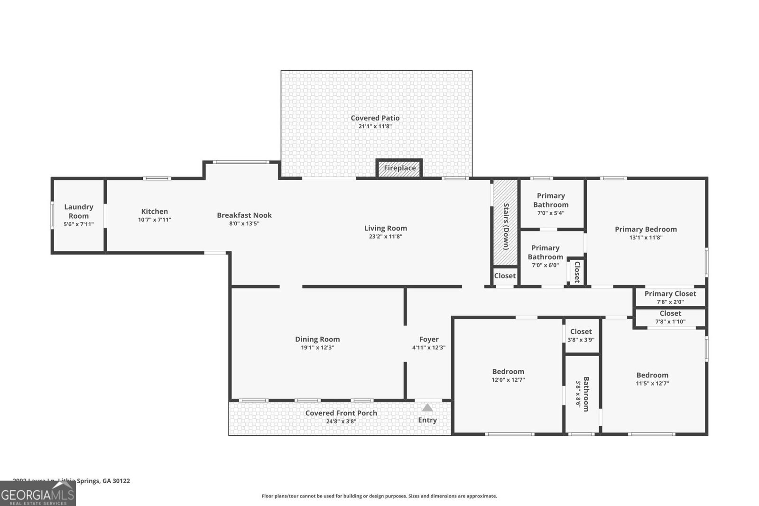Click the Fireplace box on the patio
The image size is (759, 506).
(399, 168)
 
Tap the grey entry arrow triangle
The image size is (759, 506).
(427, 408)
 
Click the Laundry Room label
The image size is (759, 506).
(79, 211)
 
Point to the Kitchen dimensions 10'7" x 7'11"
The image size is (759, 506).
(155, 220)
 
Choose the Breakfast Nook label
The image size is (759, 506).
(244, 215)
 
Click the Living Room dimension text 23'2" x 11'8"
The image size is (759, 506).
(385, 237)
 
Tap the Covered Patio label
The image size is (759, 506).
(375, 118)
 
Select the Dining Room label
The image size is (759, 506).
(317, 339)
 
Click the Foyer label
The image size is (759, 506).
(429, 339)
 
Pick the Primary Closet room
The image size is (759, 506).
(670, 297)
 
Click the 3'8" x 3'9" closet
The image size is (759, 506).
(581, 335)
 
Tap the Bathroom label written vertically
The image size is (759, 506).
(586, 394)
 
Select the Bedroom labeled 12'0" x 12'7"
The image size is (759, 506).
(508, 375)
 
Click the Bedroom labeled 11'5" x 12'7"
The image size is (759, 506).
(652, 378)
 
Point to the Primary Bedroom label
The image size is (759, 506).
(646, 230)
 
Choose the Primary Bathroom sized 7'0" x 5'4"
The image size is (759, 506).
(551, 204)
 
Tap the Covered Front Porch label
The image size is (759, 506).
(341, 413)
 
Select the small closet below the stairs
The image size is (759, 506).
(505, 276)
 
